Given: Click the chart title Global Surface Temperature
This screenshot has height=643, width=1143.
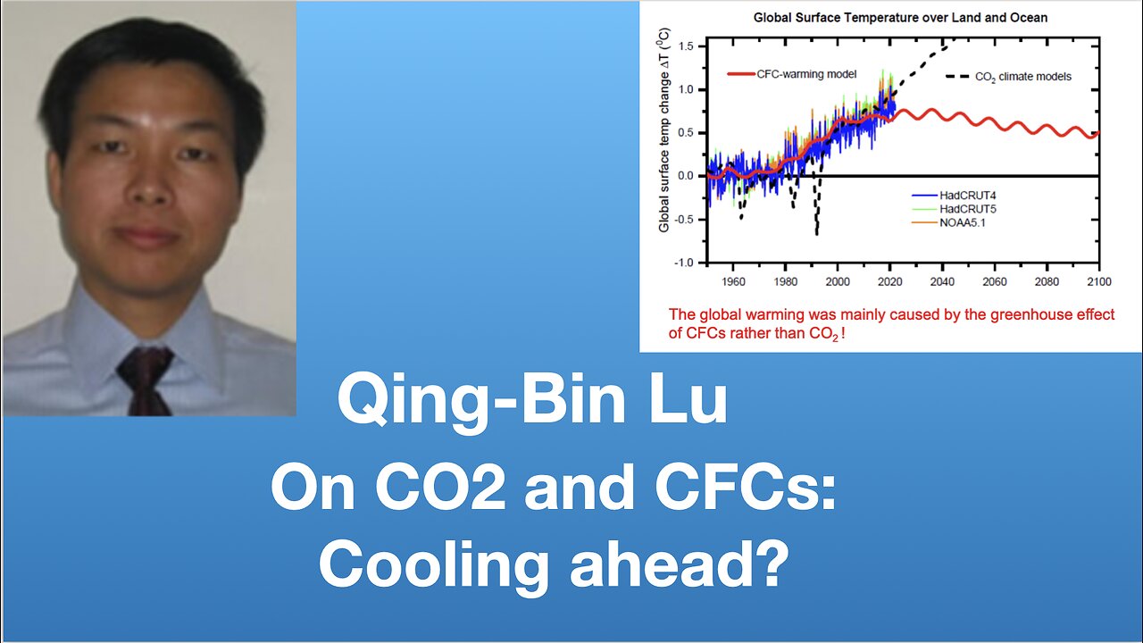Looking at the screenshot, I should (x=900, y=17).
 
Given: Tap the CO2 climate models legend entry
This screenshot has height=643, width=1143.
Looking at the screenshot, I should (x=1008, y=76).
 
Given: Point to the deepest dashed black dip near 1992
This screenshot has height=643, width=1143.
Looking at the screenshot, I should (x=816, y=231).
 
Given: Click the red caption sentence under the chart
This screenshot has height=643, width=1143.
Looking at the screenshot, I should (x=891, y=322).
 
